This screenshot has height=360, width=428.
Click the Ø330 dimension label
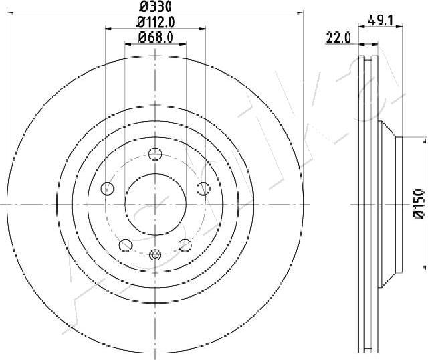pos(155,6)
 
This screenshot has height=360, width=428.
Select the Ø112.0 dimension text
pos(155,22)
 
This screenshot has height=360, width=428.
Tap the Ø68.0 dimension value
pos(155,37)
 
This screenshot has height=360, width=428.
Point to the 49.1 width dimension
pos(380,20)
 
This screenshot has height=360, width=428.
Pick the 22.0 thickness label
pos(338,38)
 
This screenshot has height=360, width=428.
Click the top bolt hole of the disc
pos(155,154)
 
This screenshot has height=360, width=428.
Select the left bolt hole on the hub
pos(108,189)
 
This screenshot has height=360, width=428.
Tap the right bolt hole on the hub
pos(203,189)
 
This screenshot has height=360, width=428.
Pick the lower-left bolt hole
pos(126,245)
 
